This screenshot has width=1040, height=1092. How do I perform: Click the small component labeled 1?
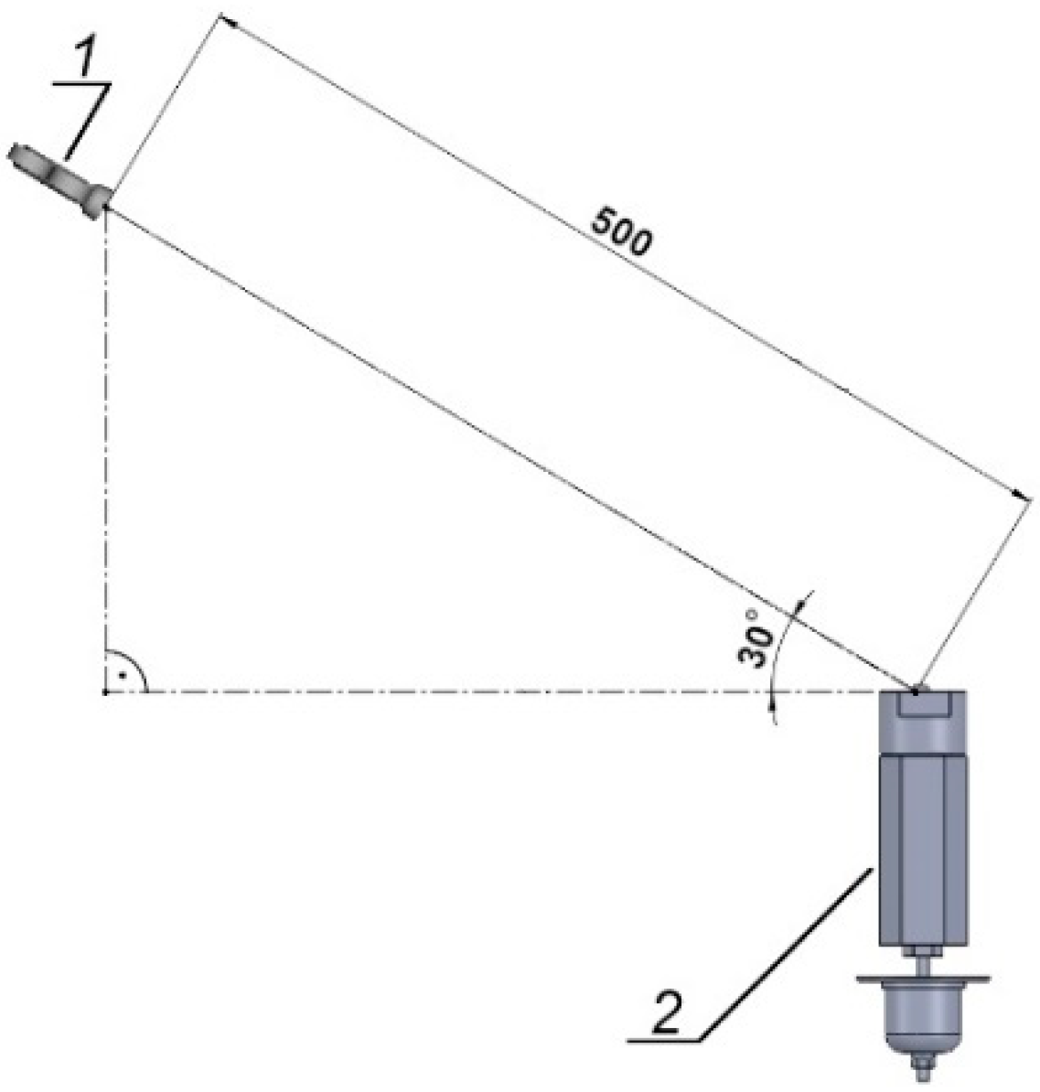coord(60,179)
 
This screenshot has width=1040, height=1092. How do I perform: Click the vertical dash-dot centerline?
coord(107,439)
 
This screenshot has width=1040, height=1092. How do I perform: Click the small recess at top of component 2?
coord(924,704)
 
